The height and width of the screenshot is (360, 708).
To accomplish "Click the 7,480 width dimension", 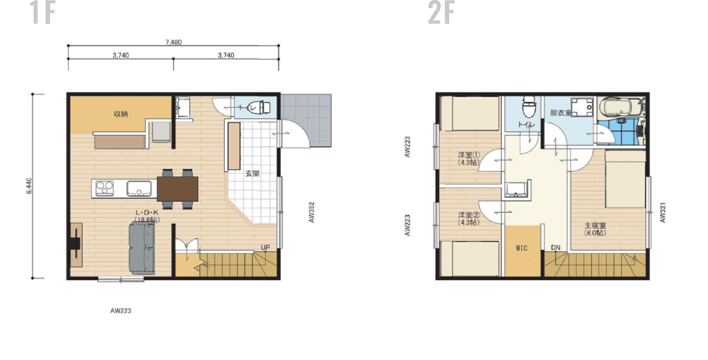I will pyautogui.click(x=173, y=42).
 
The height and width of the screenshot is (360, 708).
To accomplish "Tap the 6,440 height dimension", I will pyautogui.click(x=29, y=186).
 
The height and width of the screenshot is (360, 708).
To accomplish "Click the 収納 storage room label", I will pyautogui.click(x=120, y=114).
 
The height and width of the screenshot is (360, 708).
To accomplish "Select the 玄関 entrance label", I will pyautogui.click(x=253, y=173).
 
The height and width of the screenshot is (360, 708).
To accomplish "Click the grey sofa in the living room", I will pyautogui.click(x=142, y=248).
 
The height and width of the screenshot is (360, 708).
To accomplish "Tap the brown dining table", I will pyautogui.click(x=177, y=189).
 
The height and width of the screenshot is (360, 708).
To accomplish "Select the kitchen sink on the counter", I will pyautogui.click(x=139, y=188).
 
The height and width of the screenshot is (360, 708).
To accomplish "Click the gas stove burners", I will pyautogui.click(x=105, y=188).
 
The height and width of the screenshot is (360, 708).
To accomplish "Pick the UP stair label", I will pyautogui.click(x=265, y=247).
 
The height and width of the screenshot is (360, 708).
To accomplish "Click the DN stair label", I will pyautogui.click(x=556, y=247).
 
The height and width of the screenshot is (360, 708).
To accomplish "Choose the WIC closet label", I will pyautogui.click(x=521, y=248).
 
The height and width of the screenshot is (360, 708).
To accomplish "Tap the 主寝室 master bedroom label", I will pyautogui.click(x=595, y=225).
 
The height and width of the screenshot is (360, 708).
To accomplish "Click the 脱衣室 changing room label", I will pyautogui.click(x=561, y=113).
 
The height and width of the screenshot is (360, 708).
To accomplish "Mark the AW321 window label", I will pyautogui.click(x=663, y=212).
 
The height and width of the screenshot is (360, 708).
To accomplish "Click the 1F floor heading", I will pyautogui.click(x=42, y=13).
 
